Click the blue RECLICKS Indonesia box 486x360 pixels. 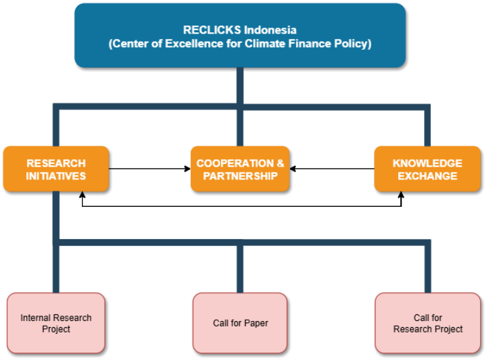(240, 35)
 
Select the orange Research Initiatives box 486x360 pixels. (56, 169)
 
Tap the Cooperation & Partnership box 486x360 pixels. (240, 169)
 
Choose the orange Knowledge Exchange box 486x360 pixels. (427, 169)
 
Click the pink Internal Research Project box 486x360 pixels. (56, 323)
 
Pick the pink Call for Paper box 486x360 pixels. (240, 323)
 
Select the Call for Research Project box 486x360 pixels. (428, 323)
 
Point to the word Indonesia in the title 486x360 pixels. (270, 30)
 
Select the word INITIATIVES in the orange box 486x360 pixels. (56, 176)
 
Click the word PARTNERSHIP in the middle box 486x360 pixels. (240, 176)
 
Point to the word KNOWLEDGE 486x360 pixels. (427, 163)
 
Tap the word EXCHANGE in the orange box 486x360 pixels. (427, 176)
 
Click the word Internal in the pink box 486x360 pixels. (35, 318)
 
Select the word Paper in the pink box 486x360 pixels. (255, 323)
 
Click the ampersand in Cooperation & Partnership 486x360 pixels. (280, 163)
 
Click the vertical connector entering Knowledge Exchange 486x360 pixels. (427, 127)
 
